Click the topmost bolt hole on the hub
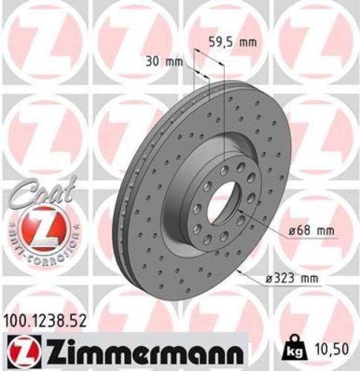[223, 170]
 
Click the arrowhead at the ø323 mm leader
[239, 270]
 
